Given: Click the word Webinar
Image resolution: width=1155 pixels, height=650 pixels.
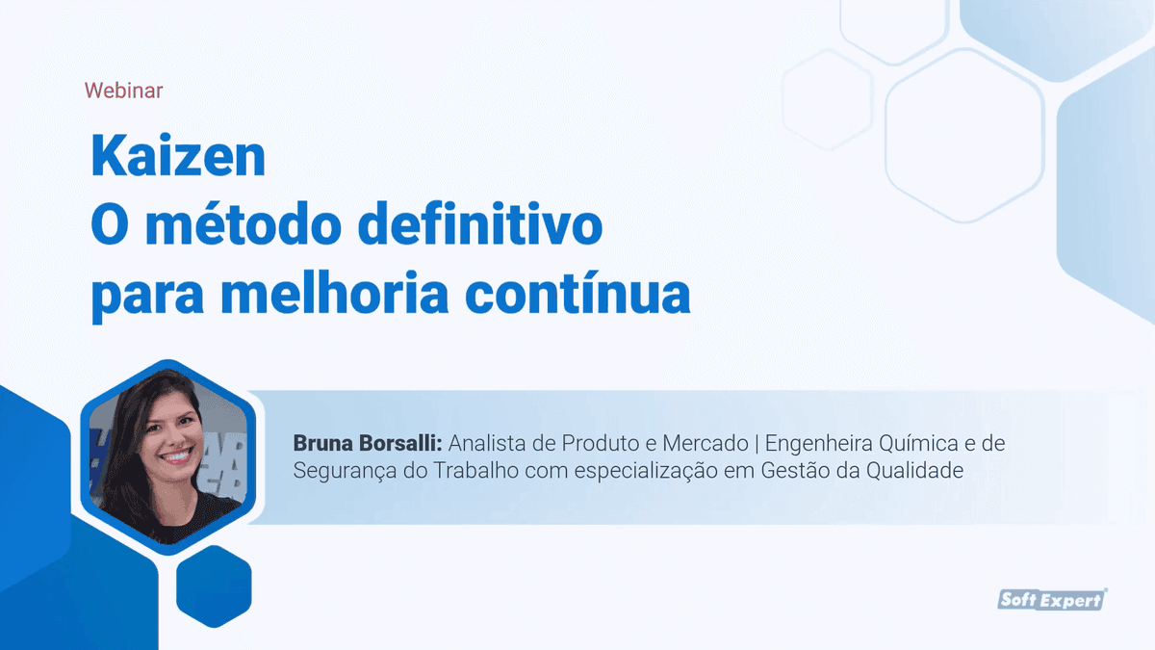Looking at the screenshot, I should (123, 91).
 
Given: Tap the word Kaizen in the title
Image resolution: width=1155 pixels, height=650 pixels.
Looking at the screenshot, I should (178, 157).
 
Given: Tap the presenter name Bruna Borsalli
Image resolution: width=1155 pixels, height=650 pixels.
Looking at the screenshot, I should (367, 444).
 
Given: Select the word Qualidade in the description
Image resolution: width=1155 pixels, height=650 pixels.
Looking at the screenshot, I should (916, 471).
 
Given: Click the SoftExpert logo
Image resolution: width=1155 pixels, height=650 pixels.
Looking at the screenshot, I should (1052, 600).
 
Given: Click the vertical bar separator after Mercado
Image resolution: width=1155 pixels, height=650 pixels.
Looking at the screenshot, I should (757, 444).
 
